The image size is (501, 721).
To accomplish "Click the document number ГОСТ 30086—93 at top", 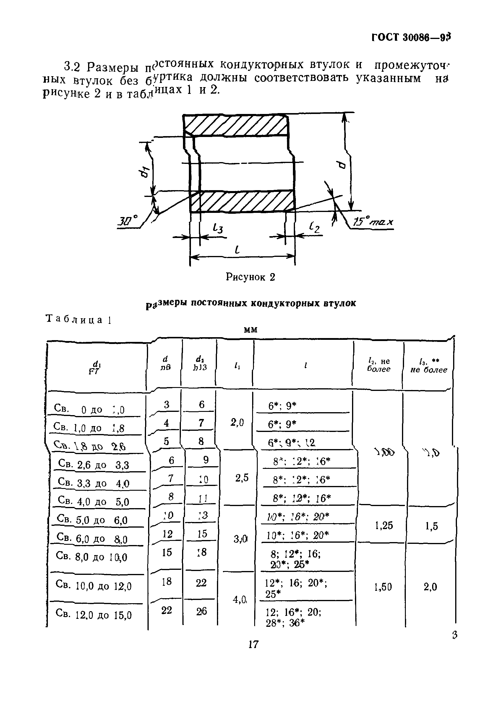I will tap(411, 37).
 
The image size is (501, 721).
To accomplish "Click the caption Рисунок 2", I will tap(250, 277).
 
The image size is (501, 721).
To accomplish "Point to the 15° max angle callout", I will tap(373, 222).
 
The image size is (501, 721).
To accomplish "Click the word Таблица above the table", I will tap(74, 319).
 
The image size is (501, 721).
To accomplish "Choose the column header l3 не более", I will tap(429, 366).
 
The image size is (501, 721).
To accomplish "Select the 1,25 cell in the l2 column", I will tap(384, 525).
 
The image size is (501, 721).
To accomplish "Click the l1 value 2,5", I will tap(242, 478).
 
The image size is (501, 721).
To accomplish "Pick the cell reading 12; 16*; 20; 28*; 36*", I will tap(293, 617).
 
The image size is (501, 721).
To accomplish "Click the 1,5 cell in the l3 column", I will tap(431, 526).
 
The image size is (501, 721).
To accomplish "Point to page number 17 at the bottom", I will tap(253, 650).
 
